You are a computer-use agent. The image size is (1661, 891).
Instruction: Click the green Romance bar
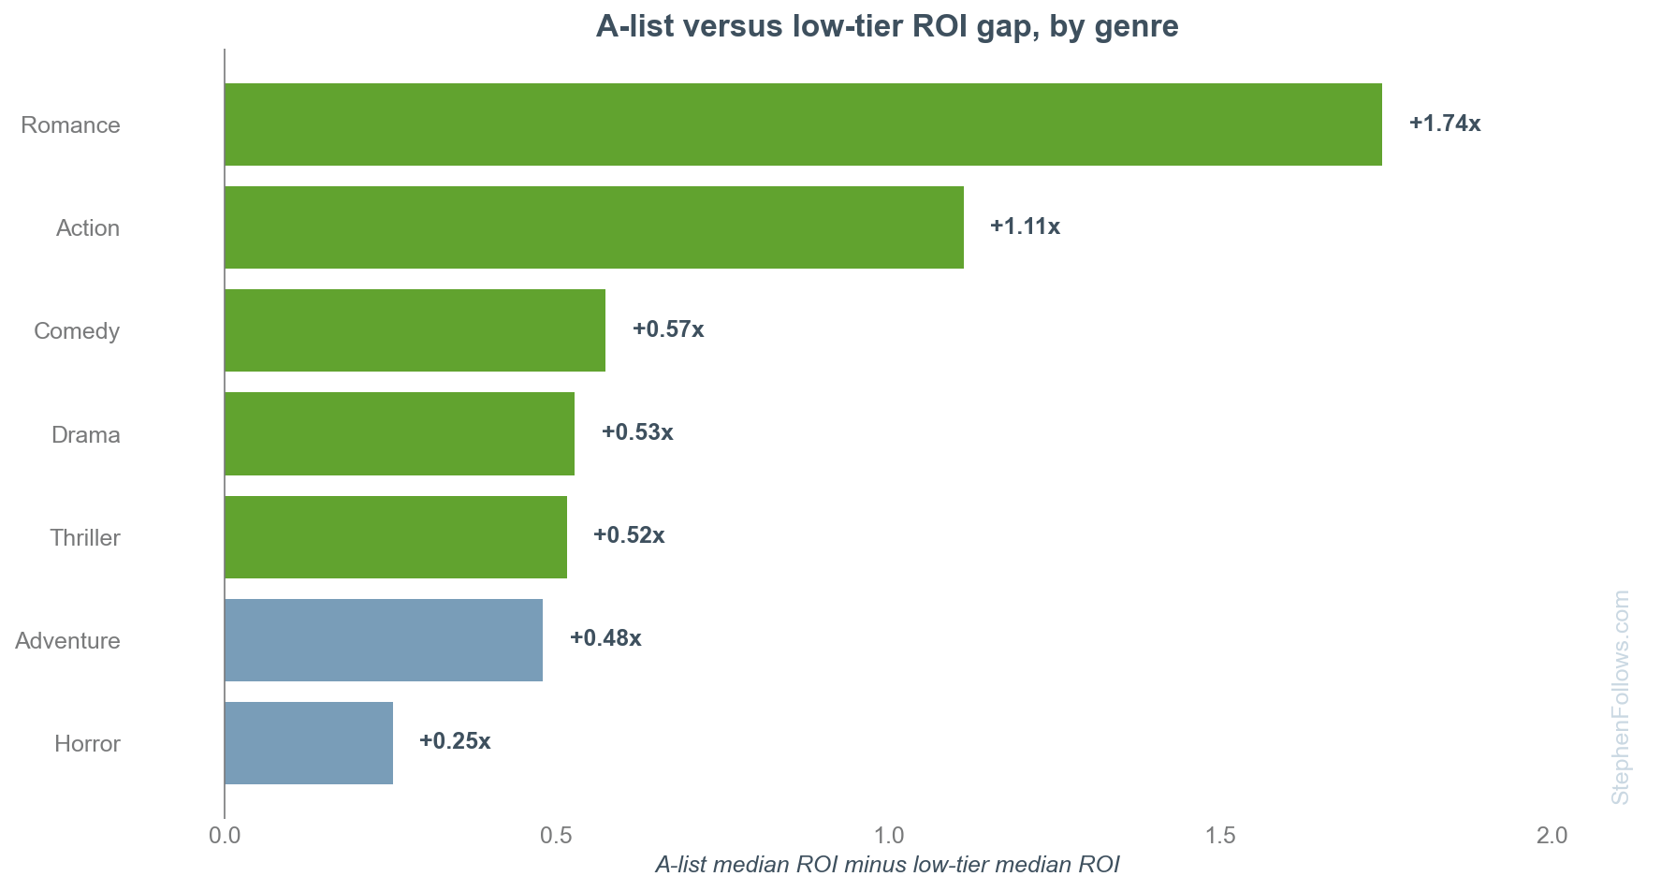[x=803, y=124]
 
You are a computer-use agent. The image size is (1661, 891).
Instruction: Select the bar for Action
[x=594, y=227]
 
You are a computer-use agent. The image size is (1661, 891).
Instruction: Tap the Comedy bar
[x=415, y=330]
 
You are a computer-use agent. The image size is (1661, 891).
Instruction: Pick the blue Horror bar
[x=309, y=743]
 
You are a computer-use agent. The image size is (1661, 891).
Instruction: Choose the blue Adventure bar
[x=384, y=640]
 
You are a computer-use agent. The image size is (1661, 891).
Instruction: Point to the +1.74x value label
[x=1445, y=124]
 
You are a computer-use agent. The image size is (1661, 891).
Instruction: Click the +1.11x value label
[x=1025, y=226]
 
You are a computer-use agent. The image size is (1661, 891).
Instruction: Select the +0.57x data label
[x=668, y=329]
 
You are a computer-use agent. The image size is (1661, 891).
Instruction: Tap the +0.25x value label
[x=455, y=741]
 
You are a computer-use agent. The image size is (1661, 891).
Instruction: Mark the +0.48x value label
[x=605, y=638]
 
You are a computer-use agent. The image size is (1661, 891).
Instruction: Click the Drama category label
[x=86, y=435]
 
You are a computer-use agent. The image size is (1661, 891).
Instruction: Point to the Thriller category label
[x=85, y=538]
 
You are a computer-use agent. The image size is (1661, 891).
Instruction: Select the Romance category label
[x=70, y=125]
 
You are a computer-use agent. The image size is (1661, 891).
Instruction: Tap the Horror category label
[x=88, y=744]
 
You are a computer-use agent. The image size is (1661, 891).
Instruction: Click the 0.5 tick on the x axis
[x=557, y=835]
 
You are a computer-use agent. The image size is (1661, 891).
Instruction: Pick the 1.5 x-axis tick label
[x=1221, y=835]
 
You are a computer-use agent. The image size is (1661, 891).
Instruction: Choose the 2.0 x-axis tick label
[x=1552, y=835]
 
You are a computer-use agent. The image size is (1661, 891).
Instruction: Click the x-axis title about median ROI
[x=887, y=865]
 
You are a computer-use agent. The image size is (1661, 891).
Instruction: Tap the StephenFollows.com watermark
[x=1620, y=697]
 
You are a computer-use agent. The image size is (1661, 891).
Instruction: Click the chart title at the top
[x=887, y=26]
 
